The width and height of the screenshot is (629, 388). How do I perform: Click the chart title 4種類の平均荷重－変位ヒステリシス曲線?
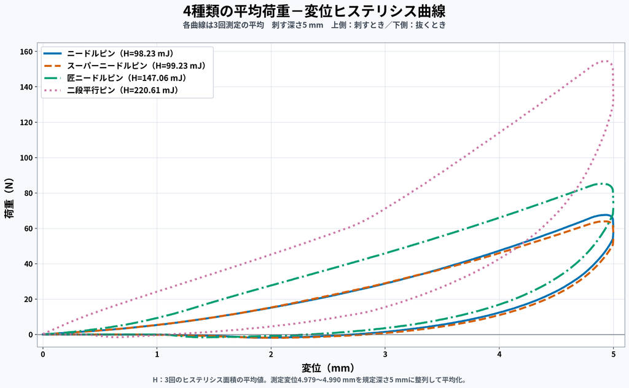314,11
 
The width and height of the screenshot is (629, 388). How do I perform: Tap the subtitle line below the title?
314,25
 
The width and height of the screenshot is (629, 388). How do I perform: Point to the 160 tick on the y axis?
26,52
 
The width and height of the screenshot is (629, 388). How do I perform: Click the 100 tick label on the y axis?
26,158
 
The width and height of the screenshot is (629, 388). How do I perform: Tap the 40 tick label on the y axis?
28,264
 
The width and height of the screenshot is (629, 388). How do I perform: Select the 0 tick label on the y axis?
31,335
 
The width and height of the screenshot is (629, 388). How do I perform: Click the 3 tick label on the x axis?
385,354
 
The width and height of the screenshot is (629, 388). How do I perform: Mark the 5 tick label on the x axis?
614,354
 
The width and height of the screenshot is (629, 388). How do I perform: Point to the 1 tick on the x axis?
157,354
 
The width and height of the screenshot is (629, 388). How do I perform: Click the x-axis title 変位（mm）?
328,368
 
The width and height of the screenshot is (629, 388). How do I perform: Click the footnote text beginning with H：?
310,379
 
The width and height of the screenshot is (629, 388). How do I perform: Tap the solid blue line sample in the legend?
53,53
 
